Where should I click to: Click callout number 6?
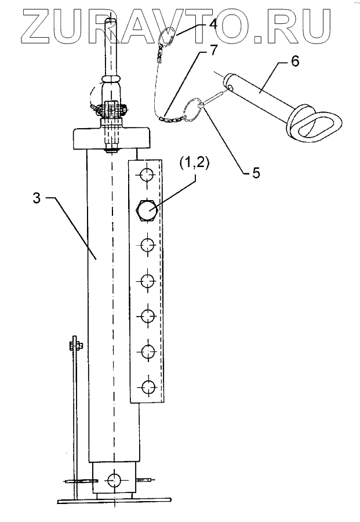296,62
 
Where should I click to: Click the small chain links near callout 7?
172,118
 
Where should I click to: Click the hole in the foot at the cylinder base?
115,480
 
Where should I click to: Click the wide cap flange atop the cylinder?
112,140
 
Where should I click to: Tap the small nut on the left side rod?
75,346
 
